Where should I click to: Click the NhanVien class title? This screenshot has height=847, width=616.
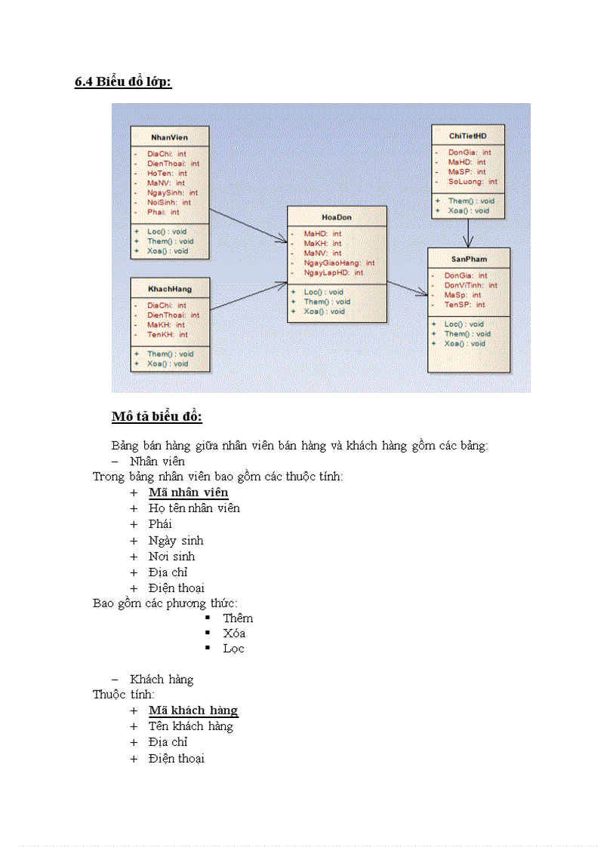point(169,137)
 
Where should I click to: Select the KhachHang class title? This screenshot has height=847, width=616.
point(169,289)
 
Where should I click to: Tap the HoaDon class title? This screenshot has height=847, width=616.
point(337,217)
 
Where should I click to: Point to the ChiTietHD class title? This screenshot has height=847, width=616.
point(467,136)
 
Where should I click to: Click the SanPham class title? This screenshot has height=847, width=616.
point(468,259)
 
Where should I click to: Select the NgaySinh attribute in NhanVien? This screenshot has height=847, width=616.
point(168,192)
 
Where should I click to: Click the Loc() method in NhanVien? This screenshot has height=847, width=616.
point(166,232)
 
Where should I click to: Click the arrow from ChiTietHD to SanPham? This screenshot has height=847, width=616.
point(468,233)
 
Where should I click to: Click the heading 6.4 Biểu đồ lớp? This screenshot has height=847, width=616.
point(123,82)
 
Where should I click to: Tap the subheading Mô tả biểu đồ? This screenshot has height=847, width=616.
point(157,417)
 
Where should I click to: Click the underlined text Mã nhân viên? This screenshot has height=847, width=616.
point(188,493)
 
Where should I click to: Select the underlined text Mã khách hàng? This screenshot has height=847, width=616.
point(193,710)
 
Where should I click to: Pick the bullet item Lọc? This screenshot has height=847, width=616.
point(233,649)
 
